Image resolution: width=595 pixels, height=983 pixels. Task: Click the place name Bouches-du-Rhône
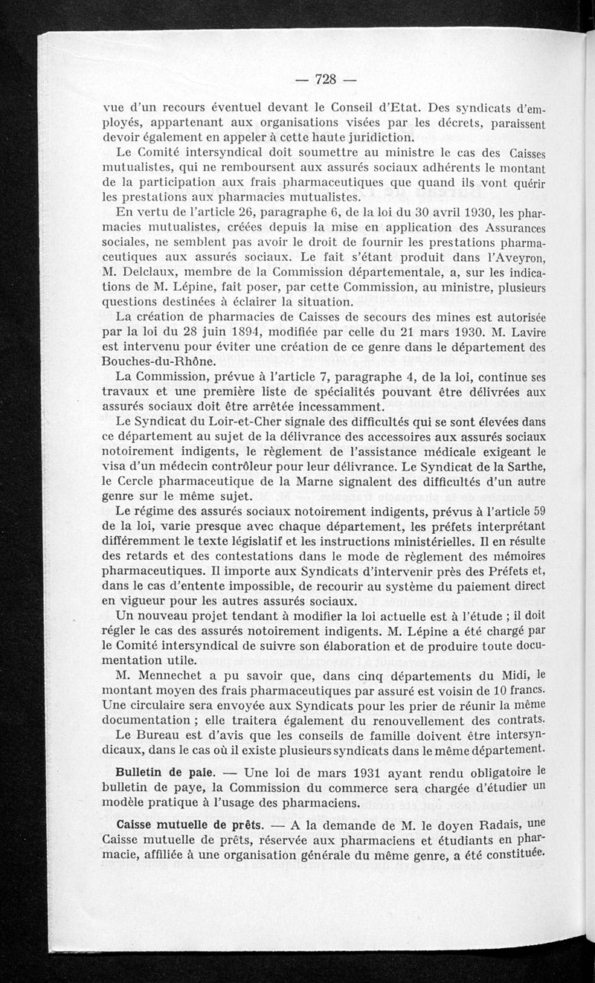pos(159,362)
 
